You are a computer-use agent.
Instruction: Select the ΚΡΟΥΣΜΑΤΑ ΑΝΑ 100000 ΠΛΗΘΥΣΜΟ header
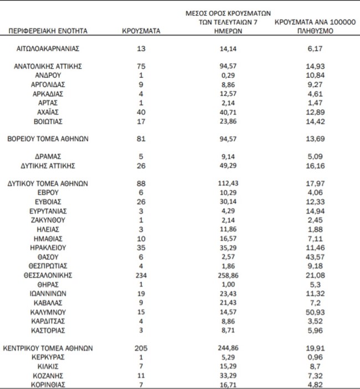point(307,27)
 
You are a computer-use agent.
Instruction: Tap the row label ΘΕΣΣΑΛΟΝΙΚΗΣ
point(48,275)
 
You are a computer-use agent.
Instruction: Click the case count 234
point(141,275)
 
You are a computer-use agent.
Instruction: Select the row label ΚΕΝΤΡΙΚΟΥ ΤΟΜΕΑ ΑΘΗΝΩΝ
point(48,349)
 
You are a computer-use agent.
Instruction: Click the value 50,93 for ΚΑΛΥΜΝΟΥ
point(307,312)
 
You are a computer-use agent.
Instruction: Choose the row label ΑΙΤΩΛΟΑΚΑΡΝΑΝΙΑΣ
point(48,49)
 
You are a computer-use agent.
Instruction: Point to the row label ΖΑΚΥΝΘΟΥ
point(48,219)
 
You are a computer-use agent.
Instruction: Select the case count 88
point(141,183)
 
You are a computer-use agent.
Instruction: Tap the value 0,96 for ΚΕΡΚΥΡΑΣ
point(307,358)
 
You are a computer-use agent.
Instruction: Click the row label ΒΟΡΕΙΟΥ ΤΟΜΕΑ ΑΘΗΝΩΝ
point(48,138)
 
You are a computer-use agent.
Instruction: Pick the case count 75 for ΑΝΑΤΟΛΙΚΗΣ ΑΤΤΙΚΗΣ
point(141,65)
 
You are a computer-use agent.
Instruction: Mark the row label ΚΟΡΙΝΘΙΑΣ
point(48,385)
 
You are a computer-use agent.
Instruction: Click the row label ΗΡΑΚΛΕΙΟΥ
point(48,247)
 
